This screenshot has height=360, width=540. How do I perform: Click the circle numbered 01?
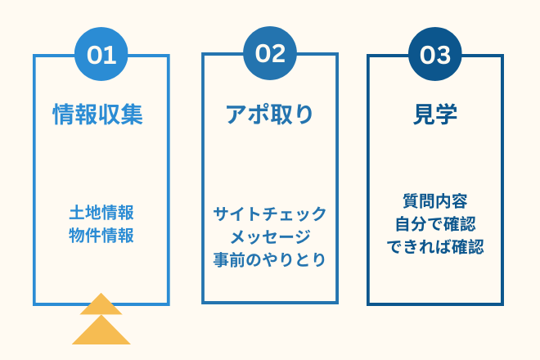coord(101,54)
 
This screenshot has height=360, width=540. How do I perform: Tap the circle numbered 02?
coord(270,53)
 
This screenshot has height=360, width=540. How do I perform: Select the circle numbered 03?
coord(435,54)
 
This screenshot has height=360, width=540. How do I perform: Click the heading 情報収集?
coord(98,114)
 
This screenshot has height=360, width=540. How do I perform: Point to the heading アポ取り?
coord(269,114)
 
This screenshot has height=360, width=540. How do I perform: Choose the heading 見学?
coord(435,114)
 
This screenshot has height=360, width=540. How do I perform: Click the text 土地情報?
coord(101,213)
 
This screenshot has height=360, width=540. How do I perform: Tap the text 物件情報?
coord(101,236)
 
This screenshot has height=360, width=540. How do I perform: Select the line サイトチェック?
coord(270,214)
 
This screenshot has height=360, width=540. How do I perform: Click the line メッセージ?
coord(270,236)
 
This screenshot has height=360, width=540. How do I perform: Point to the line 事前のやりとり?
coord(270,259)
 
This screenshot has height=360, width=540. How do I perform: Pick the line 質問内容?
coord(435,201)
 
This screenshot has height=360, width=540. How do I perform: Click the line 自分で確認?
coord(435,224)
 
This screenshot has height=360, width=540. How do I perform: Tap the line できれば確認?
coord(435,246)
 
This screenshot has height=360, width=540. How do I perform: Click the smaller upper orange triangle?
coord(101,306)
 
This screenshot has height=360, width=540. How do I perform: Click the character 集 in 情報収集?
coord(132,114)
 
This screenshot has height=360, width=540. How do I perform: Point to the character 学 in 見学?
coord(447,114)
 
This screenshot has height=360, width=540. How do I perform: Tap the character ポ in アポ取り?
coord(259,114)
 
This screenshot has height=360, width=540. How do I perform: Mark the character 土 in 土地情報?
coord(77,213)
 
